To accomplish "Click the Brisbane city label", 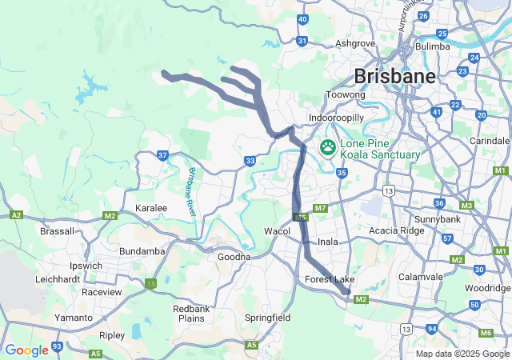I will [x=395, y=76].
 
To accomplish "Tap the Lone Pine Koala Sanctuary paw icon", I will [x=328, y=147].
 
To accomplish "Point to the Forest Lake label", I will [x=329, y=279].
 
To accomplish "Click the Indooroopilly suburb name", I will [x=337, y=118].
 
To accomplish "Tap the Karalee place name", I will [x=151, y=208].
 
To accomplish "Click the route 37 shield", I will [x=162, y=155].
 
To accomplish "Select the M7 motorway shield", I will [x=321, y=209].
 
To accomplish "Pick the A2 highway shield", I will [x=16, y=215].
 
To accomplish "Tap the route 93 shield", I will [x=57, y=346].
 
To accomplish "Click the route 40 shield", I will [x=302, y=19].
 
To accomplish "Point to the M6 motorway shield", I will [x=486, y=332].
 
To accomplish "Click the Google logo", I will [x=26, y=350].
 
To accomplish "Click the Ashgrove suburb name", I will [x=356, y=43].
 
